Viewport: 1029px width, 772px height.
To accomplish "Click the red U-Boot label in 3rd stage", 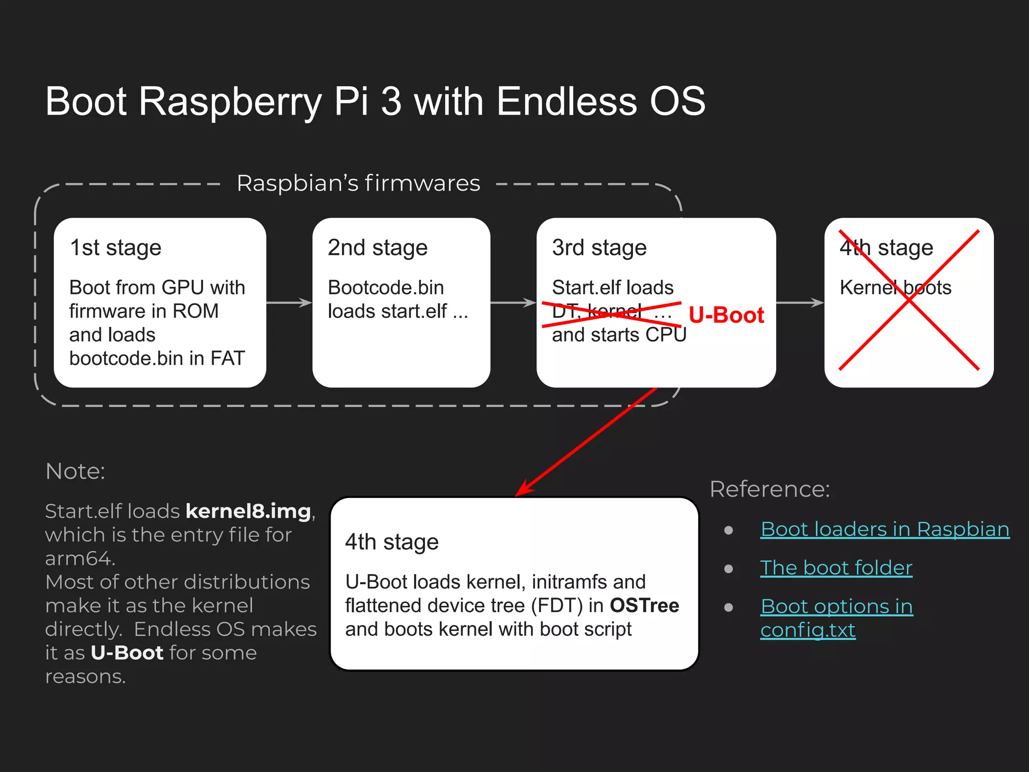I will (726, 315).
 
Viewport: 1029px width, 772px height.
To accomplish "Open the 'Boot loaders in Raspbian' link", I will (885, 529).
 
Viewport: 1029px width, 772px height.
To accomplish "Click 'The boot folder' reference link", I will (836, 568).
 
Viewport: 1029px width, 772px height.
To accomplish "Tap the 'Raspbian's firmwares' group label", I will (358, 183).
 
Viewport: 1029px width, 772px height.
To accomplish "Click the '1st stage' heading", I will (116, 248).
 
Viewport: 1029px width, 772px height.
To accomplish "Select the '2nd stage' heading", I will (377, 248).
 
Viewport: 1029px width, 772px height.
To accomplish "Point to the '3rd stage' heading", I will (599, 248).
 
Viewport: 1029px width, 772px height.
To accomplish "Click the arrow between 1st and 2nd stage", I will (289, 303).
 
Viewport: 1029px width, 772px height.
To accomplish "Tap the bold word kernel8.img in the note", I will (248, 511).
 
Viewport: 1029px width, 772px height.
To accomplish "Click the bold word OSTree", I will (644, 606).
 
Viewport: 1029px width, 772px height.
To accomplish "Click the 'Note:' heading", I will (75, 471).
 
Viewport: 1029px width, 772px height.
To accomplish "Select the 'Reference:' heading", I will (770, 489).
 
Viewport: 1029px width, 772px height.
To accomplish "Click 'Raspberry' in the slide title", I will (230, 102).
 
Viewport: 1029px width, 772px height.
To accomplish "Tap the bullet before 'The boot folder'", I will (729, 569).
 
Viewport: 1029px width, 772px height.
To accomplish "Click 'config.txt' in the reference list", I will (807, 630).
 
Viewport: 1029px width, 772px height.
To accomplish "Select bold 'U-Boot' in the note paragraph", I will (127, 653).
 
